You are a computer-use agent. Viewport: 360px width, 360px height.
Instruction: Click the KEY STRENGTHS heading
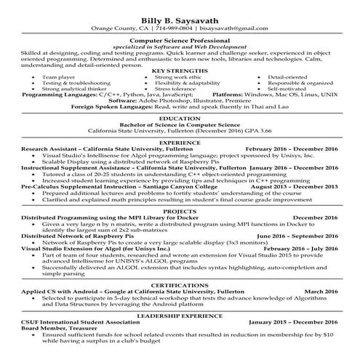pos(180,70)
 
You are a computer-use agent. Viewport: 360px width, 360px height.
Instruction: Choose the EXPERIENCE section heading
pos(180,142)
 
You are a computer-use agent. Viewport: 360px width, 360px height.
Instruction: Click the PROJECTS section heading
pos(180,211)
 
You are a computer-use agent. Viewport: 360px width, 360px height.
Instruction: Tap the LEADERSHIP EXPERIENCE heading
pos(180,316)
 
